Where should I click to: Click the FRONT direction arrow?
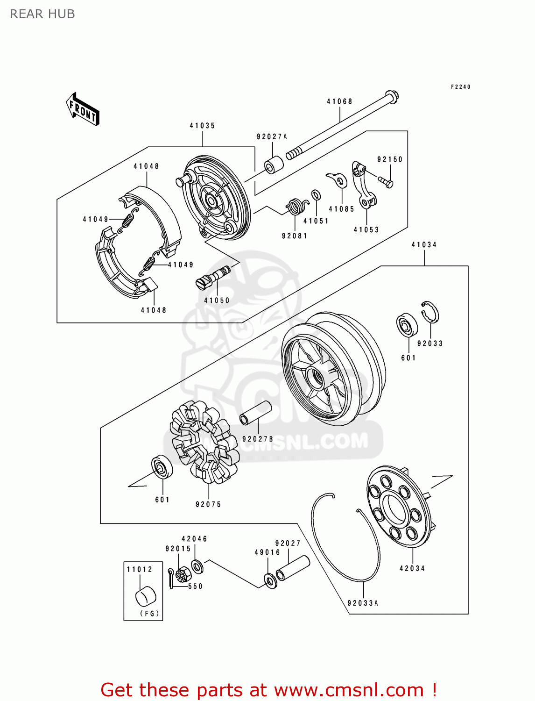click(83, 109)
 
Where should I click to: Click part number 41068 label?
click(339, 101)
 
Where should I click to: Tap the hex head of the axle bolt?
click(392, 97)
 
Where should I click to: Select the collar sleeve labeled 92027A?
click(274, 165)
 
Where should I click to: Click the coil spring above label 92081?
click(296, 206)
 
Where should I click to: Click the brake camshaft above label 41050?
click(212, 278)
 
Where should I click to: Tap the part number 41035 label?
click(202, 126)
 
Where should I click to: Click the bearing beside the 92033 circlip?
click(407, 325)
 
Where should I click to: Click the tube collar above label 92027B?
click(255, 413)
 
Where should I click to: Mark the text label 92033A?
click(363, 603)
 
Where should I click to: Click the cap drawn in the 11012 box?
click(146, 596)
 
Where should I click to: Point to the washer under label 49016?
click(270, 580)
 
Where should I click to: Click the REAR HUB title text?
click(42, 14)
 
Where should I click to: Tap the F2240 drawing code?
click(460, 87)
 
